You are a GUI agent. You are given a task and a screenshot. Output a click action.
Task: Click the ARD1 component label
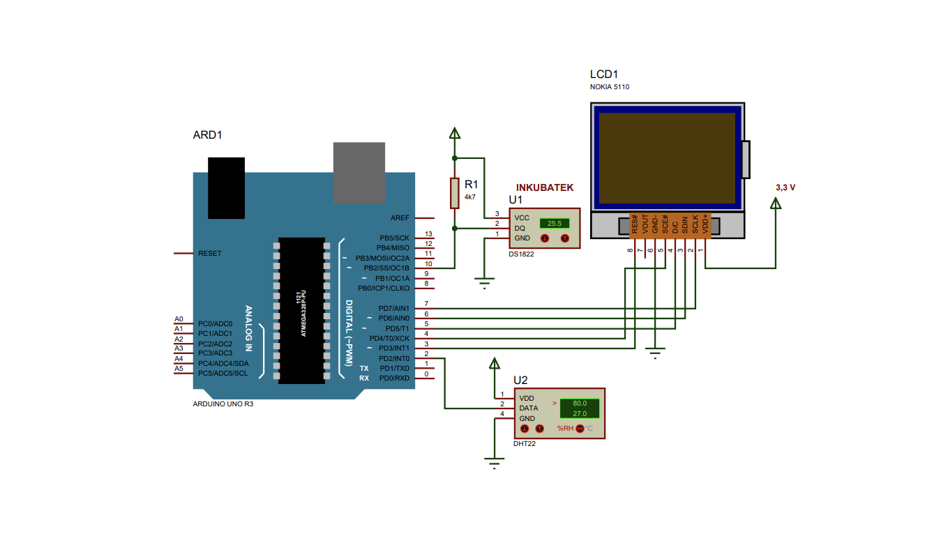[x=207, y=135]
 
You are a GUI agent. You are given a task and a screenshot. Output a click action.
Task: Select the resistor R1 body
[x=455, y=193]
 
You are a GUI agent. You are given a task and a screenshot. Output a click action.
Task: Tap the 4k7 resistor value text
[x=469, y=197]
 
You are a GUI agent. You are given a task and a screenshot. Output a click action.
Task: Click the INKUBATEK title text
[x=544, y=187]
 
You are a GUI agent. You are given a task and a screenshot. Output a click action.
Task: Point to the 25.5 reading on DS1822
[x=555, y=224]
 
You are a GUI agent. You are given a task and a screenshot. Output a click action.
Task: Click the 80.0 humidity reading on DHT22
[x=580, y=404]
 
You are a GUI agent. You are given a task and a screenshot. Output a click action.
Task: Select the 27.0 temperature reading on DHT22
[x=580, y=414]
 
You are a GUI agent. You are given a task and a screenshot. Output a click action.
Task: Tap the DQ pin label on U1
[x=520, y=228]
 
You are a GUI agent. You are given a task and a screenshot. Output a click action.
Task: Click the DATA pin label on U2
[x=528, y=408]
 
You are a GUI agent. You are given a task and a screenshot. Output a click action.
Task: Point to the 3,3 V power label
[x=785, y=187]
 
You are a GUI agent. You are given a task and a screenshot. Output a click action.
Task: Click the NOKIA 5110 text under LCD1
[x=610, y=87]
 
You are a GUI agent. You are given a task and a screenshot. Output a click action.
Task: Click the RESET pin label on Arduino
[x=210, y=253]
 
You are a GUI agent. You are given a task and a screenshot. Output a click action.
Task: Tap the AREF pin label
[x=400, y=218]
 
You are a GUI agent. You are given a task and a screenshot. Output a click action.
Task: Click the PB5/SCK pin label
[x=394, y=238]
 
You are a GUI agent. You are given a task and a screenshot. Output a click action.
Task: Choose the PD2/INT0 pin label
[x=393, y=358]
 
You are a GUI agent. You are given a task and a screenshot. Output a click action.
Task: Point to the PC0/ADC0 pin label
[x=215, y=324]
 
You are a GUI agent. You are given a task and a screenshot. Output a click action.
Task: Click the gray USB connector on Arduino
[x=359, y=172]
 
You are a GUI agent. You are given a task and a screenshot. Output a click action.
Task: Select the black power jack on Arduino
[x=226, y=187]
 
